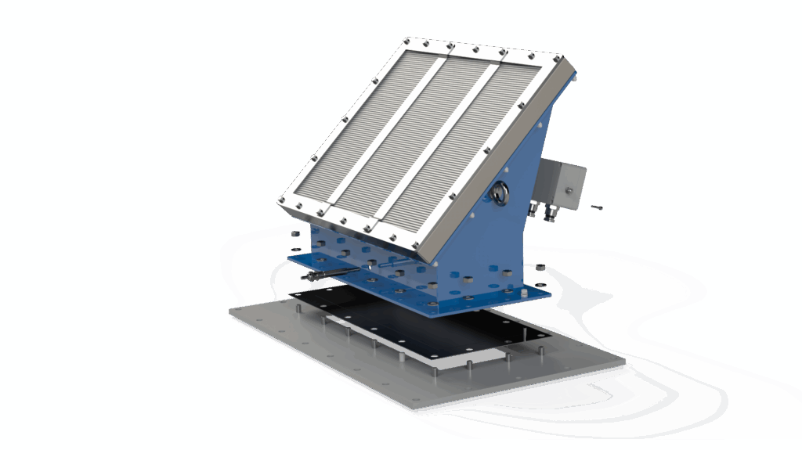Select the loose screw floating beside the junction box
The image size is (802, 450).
[x=598, y=207]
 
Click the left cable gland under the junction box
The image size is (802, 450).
[x=535, y=209]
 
